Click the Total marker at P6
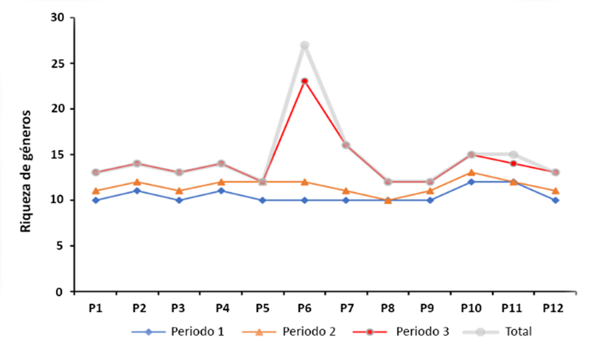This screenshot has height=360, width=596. click(304, 45)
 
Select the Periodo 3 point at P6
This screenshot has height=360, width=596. click(304, 81)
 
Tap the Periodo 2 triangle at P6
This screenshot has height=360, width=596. click(304, 182)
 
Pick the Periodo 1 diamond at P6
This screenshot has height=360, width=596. click(304, 200)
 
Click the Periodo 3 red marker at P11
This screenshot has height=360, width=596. click(513, 163)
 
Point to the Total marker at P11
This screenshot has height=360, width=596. click(513, 154)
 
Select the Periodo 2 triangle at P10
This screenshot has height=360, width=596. click(471, 172)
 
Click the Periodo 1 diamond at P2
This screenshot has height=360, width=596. click(137, 191)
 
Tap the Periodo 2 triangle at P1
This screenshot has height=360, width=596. click(96, 191)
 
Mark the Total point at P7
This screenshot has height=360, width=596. click(346, 145)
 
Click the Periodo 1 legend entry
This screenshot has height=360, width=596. click(178, 331)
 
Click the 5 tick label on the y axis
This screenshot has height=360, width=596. click(60, 246)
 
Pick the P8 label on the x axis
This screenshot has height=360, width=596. click(387, 308)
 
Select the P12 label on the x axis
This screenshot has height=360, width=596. click(554, 308)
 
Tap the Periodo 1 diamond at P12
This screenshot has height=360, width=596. click(554, 200)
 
